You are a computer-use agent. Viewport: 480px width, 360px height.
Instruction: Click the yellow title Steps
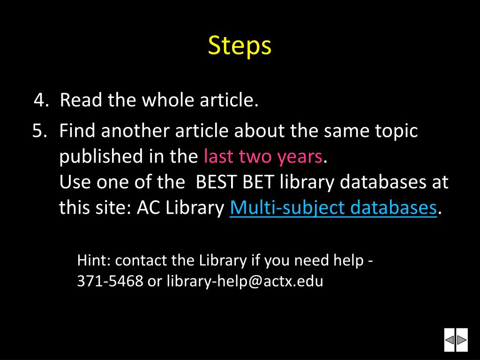click(x=240, y=45)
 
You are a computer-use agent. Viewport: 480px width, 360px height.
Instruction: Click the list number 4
click(x=41, y=100)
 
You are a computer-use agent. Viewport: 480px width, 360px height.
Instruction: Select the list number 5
click(x=40, y=131)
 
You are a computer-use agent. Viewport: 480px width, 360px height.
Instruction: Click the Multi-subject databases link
click(x=333, y=208)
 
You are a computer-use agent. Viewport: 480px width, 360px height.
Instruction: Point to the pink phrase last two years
click(x=263, y=156)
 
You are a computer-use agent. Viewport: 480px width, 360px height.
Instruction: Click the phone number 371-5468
click(x=110, y=281)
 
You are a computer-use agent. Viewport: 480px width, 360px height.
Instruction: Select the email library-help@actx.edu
click(x=245, y=281)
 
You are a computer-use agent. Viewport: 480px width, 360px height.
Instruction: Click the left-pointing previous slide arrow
click(x=450, y=340)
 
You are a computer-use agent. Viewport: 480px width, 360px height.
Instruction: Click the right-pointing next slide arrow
click(x=462, y=340)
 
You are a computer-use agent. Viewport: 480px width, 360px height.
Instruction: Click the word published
click(x=101, y=157)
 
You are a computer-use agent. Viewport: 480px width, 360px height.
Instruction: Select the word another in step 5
click(x=135, y=130)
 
